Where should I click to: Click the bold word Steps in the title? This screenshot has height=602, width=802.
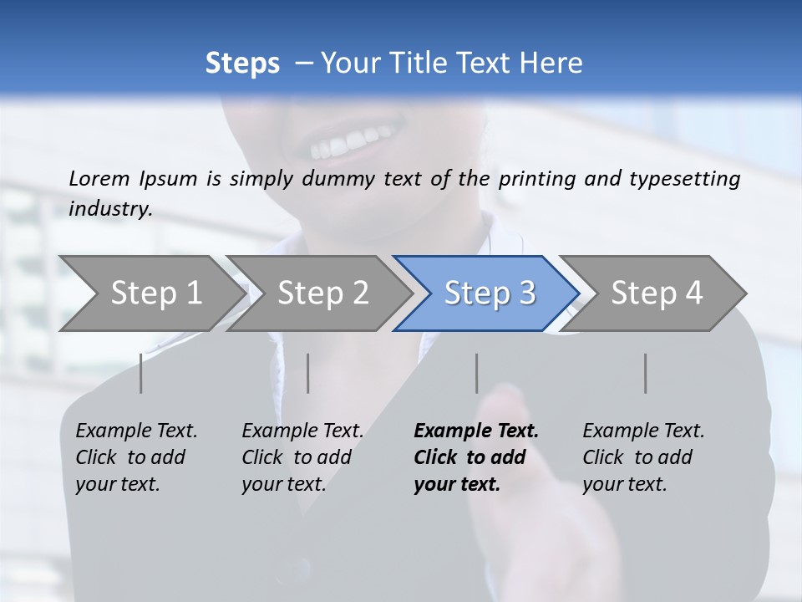242,64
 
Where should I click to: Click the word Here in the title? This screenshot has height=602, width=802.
550,64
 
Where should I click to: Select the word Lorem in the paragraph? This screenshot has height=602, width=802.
99,178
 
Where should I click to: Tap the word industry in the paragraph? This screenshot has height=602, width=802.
110,209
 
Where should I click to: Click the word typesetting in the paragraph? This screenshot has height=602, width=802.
690,178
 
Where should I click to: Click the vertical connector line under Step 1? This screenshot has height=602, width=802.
141,373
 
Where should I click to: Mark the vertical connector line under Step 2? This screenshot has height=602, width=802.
308,373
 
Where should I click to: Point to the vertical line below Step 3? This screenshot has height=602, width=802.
477,373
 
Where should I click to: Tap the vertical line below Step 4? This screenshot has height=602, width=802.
646,373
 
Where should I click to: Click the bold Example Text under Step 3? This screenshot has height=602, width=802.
476,431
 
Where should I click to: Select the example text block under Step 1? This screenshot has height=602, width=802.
136,457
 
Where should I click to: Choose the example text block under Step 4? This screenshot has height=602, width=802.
643,457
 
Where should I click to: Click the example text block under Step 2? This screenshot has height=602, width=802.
302,457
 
